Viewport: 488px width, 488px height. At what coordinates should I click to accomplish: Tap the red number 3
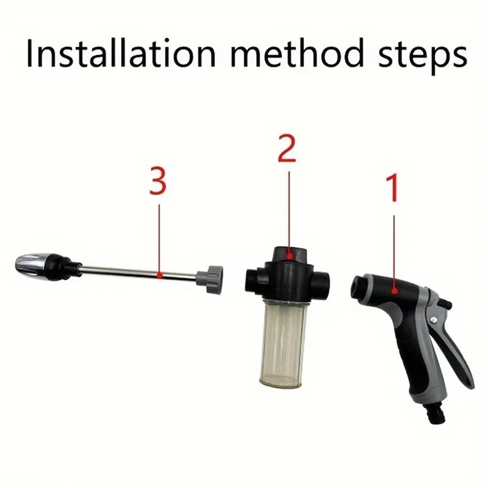pyautogui.click(x=158, y=181)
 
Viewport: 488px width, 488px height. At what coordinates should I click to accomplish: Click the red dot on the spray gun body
pyautogui.click(x=395, y=291)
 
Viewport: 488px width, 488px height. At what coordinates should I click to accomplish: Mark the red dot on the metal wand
pyautogui.click(x=159, y=276)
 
